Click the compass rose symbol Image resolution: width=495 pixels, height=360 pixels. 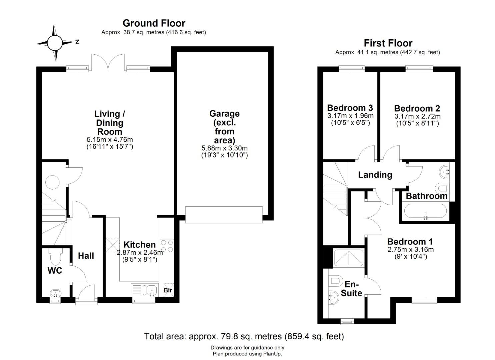[54, 43]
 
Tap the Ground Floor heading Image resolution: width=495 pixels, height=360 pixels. [154, 23]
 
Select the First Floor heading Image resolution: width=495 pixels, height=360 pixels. [388, 43]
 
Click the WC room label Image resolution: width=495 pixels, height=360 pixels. [55, 271]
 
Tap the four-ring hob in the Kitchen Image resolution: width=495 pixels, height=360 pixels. [167, 246]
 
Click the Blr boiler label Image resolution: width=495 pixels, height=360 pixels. [168, 290]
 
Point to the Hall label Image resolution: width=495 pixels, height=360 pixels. [86, 256]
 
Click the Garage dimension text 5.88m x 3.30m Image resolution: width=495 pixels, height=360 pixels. [224, 148]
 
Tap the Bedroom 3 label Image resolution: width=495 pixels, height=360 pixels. [350, 108]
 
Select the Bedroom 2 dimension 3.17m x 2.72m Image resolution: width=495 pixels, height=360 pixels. [417, 116]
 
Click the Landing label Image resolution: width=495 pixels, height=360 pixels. [375, 175]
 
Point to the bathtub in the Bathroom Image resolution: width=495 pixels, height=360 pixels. [425, 211]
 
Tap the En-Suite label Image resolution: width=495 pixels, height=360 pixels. [351, 289]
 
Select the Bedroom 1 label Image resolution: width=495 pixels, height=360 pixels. [410, 242]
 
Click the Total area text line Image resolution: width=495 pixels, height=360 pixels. [244, 336]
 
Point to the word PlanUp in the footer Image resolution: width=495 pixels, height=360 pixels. [272, 354]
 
